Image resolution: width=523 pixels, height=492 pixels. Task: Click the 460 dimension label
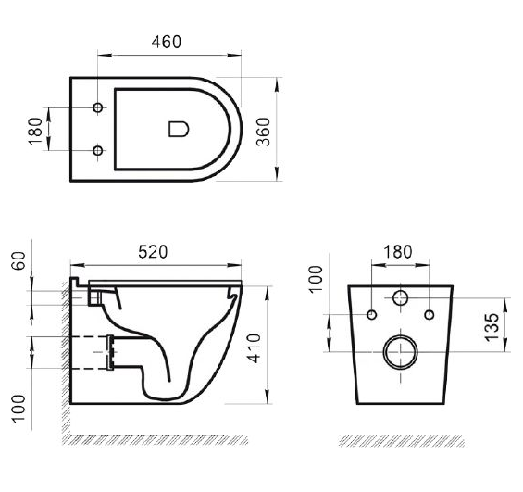tap(166, 42)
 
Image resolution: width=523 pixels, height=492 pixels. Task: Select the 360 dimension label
tap(263, 132)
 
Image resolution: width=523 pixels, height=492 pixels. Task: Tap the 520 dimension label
tap(153, 252)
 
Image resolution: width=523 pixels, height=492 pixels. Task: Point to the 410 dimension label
tap(255, 347)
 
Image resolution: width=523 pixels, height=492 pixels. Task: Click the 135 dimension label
tap(492, 327)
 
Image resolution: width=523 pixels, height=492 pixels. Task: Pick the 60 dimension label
tap(19, 260)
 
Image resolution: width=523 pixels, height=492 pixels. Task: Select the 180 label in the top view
tap(35, 132)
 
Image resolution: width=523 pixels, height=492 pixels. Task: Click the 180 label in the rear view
tap(398, 252)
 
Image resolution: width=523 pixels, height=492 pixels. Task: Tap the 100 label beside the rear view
tap(316, 280)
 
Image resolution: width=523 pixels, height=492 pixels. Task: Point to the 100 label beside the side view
tap(19, 409)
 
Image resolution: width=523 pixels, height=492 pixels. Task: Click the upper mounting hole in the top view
tap(98, 107)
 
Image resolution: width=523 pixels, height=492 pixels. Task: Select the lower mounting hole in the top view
tap(98, 150)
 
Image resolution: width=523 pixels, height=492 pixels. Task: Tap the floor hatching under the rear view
tap(402, 441)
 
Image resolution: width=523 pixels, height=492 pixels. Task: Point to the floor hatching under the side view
tap(156, 440)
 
